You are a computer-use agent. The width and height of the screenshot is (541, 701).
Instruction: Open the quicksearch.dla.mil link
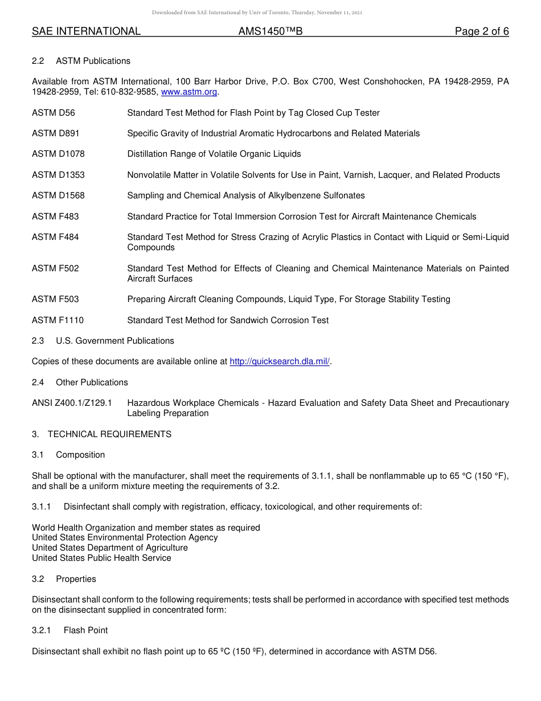coord(280,361)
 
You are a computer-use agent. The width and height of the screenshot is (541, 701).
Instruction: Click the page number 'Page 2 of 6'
coord(481,31)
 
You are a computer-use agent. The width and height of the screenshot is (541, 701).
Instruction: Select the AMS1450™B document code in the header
coord(270,31)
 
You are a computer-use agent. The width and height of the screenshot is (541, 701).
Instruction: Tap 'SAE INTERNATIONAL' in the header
coord(86,31)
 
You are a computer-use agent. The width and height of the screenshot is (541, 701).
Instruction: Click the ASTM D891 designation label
coord(56,133)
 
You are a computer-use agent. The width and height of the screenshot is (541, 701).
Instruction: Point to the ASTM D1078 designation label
coord(58,154)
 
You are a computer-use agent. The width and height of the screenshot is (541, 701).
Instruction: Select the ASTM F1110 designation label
coord(58,320)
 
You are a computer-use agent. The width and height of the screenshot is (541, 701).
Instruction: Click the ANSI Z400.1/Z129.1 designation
coord(72,403)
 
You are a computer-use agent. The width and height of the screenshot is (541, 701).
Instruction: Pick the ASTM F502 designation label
coord(55,268)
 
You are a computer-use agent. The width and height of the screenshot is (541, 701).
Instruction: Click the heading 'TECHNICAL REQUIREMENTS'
coord(109,434)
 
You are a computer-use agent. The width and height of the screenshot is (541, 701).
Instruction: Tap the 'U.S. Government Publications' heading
coord(115,341)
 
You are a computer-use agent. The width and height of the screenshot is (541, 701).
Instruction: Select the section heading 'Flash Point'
coord(85,630)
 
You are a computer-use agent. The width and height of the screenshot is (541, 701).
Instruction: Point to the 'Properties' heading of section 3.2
coord(76,579)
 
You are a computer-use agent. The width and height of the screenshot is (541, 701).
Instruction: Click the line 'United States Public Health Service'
coord(101,558)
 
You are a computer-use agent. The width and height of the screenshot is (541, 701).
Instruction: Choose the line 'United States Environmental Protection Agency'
coord(125,537)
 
